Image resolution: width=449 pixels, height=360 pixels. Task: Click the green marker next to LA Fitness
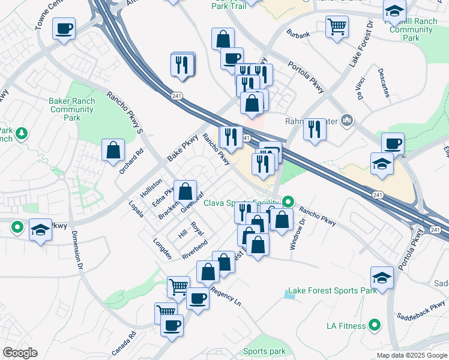375,326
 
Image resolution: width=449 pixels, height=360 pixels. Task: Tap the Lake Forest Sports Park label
332,290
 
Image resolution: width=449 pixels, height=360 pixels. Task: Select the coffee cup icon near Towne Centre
64,28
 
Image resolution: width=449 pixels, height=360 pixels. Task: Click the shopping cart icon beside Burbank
337,26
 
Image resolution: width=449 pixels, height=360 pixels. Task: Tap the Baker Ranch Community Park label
72,110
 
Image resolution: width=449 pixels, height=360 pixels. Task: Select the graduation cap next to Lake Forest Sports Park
382,277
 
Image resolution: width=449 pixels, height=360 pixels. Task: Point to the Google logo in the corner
20,353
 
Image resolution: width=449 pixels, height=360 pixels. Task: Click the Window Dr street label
297,230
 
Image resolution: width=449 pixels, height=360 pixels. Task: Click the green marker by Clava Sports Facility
289,202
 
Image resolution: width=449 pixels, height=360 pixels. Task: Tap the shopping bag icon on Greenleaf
185,191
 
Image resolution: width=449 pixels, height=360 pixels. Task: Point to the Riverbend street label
195,250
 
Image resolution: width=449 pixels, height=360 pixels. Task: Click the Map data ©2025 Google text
412,355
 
